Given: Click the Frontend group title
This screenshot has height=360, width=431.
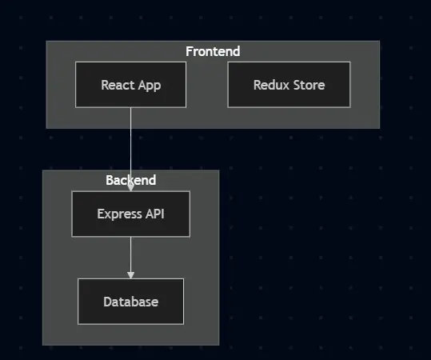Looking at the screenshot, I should click(213, 51).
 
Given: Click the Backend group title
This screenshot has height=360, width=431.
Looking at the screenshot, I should click(130, 180).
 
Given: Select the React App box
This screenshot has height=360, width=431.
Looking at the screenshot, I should click(130, 84).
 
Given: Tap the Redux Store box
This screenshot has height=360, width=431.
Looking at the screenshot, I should click(289, 84).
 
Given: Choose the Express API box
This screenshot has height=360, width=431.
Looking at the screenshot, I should click(130, 214).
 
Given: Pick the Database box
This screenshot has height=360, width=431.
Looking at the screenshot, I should click(130, 302).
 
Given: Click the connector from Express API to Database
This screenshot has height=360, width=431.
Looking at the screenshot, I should click(130, 256).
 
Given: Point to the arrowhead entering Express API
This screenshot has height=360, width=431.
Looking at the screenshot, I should click(130, 186).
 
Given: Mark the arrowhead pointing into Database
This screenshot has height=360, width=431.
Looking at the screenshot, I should click(130, 274).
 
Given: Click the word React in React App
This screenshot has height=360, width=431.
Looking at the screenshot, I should click(117, 85).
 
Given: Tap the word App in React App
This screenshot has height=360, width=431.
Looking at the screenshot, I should click(149, 85).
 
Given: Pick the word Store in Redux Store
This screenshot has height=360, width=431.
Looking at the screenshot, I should click(309, 85).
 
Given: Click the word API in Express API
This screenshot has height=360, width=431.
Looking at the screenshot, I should click(154, 214).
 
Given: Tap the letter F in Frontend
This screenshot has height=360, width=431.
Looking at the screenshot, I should click(190, 51).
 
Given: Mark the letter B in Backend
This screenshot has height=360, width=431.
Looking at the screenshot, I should click(110, 180).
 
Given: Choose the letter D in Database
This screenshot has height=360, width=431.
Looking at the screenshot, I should click(107, 302).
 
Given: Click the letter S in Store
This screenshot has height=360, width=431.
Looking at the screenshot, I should click(297, 85).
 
